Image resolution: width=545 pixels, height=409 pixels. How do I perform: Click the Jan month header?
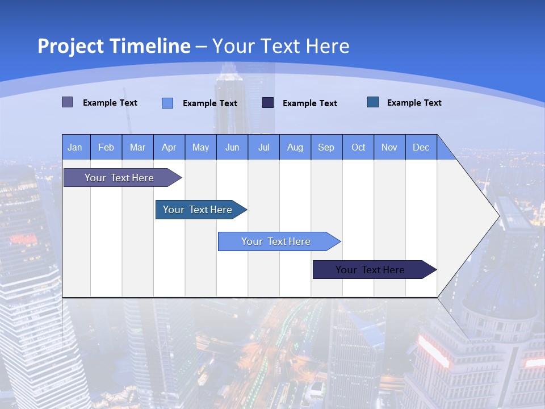76,147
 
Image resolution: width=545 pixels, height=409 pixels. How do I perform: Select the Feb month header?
106,147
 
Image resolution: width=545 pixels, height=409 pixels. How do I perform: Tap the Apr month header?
169,147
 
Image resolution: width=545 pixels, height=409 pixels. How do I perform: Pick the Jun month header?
232,147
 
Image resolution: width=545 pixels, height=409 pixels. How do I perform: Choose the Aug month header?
295,147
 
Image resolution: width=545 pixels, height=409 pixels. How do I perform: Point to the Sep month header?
326,147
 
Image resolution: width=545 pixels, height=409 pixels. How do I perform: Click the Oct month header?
358,147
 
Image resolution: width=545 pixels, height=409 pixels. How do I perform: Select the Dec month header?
421,147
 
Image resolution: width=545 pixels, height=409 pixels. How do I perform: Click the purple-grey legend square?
68,102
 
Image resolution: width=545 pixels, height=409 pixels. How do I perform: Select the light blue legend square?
167,103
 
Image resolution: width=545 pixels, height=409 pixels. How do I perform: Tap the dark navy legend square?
268,103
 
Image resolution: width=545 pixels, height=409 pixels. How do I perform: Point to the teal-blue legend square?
373,102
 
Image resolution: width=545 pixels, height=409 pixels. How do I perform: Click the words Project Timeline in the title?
114,46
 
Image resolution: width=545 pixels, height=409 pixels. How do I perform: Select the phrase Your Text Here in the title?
281,46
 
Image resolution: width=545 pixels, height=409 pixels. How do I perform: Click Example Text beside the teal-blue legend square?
414,103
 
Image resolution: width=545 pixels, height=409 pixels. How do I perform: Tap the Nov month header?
389,147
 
